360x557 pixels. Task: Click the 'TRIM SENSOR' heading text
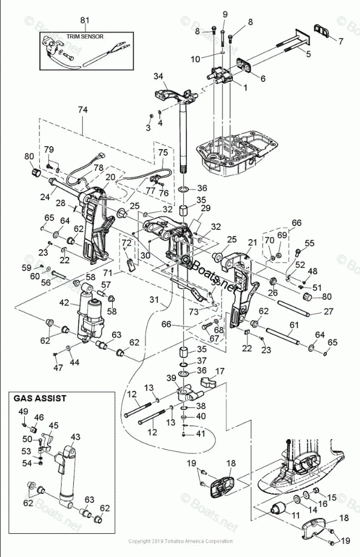[85, 37]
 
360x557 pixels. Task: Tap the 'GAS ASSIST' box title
[40, 398]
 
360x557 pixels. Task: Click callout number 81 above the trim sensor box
[85, 20]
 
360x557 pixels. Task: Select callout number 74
[83, 110]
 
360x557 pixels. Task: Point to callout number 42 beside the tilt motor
[64, 303]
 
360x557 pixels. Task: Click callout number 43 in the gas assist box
[75, 437]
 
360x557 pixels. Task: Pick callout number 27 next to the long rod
[329, 311]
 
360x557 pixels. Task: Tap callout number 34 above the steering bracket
[158, 76]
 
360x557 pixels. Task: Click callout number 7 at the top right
[341, 41]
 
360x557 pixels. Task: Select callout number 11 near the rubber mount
[295, 515]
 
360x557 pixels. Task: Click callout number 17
[220, 371]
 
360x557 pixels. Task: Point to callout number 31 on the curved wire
[154, 299]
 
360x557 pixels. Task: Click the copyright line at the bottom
[180, 541]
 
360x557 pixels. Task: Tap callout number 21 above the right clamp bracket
[252, 242]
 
